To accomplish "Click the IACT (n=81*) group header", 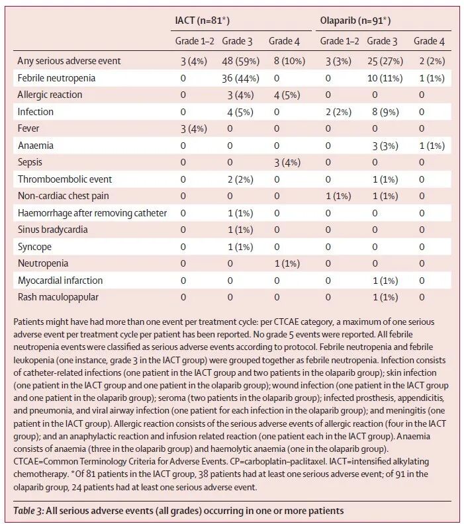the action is click(x=203, y=21).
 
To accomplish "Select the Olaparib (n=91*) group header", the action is click(x=355, y=21).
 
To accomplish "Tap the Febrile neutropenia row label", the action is click(x=56, y=78).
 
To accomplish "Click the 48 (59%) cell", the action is click(x=241, y=61).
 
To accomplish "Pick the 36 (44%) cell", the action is click(x=241, y=78).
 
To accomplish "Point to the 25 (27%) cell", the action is click(x=385, y=61).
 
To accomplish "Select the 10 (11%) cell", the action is click(x=385, y=78).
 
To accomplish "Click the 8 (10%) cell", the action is click(x=289, y=61).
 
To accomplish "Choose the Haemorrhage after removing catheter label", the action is click(x=92, y=213).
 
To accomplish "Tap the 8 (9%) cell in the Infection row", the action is click(x=385, y=112).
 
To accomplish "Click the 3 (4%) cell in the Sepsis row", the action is click(x=287, y=162).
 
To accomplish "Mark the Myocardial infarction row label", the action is click(x=60, y=281).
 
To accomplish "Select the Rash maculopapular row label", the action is click(x=58, y=297).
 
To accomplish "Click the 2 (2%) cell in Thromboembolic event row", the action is click(x=240, y=179).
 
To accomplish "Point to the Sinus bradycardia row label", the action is click(x=52, y=230).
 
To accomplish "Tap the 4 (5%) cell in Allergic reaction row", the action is click(x=287, y=95).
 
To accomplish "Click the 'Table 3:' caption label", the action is click(x=28, y=511).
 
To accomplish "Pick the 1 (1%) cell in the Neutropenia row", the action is click(x=287, y=264).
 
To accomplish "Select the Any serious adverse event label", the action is click(x=69, y=61).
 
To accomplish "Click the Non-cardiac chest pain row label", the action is click(x=63, y=196).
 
